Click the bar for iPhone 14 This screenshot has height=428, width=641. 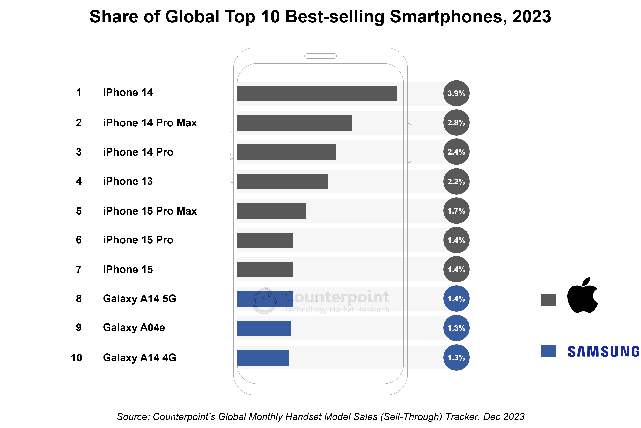(x=317, y=93)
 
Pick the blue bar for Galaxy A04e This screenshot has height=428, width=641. (x=264, y=328)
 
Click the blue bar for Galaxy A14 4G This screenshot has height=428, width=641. (x=263, y=358)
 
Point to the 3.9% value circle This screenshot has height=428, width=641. (x=456, y=93)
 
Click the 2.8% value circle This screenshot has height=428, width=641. (x=456, y=122)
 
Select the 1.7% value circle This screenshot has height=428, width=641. (x=456, y=211)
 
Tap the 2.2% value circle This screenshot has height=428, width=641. (x=456, y=182)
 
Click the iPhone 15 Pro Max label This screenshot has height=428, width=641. (x=150, y=211)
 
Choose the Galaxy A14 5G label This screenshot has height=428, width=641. (x=139, y=299)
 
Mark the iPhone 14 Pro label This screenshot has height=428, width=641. (x=138, y=152)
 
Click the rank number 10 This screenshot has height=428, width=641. (x=76, y=358)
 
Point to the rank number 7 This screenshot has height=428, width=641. (x=79, y=269)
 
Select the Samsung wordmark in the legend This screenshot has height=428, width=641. (x=603, y=351)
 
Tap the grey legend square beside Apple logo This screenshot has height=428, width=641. (x=549, y=300)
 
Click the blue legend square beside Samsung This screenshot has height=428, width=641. (x=549, y=351)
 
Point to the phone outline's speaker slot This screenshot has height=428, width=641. (x=320, y=56)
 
